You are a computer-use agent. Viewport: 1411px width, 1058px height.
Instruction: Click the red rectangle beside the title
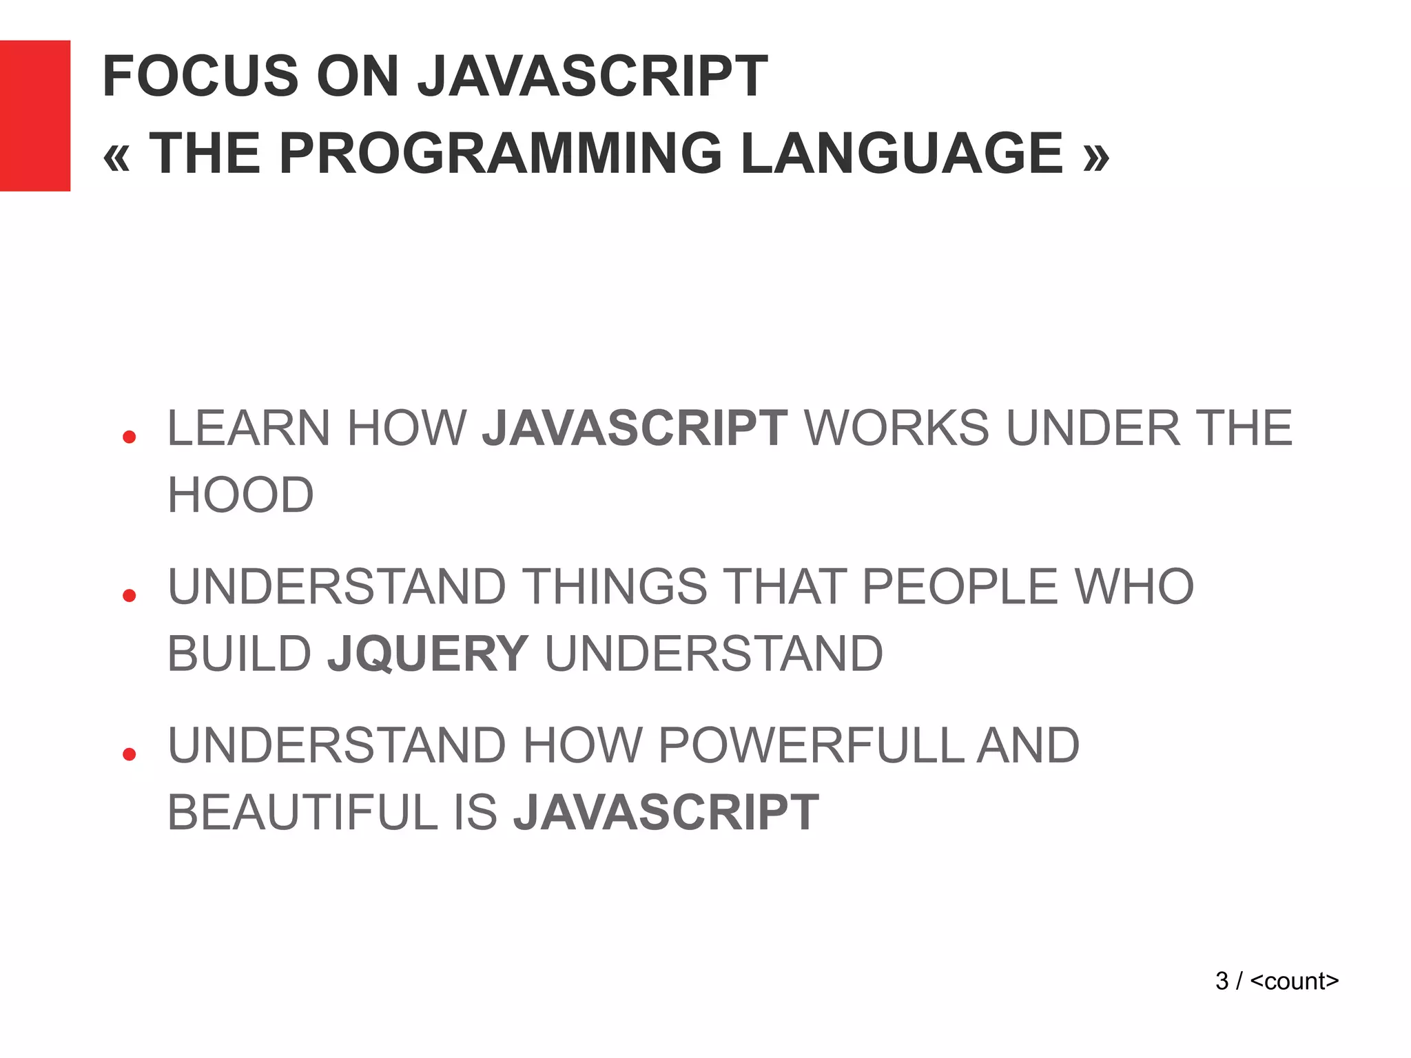35,116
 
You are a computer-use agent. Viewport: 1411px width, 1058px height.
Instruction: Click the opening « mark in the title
116,156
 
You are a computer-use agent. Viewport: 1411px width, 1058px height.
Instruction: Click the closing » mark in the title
1096,156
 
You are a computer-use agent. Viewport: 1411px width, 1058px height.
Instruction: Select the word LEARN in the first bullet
248,428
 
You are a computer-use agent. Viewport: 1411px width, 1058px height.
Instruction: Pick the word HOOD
240,495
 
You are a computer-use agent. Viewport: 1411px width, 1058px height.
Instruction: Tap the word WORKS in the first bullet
896,428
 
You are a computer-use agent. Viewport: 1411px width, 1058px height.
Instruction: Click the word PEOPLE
960,587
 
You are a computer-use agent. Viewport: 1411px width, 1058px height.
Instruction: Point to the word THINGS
615,587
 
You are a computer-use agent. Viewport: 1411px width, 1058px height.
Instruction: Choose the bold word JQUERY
428,654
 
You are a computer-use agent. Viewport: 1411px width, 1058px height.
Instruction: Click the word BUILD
240,654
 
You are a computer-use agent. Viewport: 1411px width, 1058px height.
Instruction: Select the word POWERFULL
812,745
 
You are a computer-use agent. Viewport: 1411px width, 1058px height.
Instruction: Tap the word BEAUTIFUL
302,813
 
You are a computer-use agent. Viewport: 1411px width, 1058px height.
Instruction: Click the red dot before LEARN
129,437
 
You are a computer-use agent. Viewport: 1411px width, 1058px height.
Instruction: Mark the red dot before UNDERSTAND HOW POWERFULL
129,754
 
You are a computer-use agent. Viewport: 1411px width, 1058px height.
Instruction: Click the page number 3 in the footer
1222,981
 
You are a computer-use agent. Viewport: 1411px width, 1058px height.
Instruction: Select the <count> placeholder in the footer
1294,981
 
